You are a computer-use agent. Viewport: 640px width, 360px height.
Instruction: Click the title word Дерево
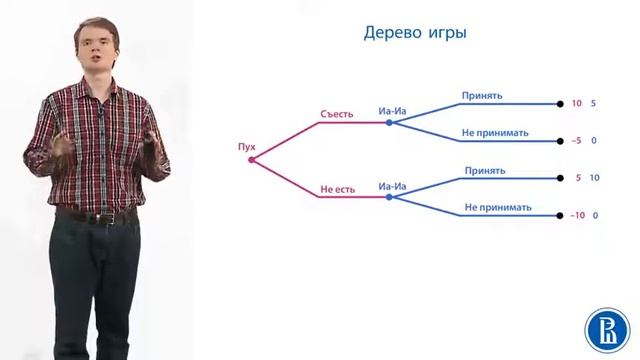(x=390, y=33)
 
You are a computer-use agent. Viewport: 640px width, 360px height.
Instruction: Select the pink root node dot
(x=251, y=160)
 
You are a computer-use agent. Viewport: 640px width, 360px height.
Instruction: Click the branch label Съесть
(x=336, y=113)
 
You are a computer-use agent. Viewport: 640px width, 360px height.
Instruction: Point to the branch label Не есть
(x=337, y=187)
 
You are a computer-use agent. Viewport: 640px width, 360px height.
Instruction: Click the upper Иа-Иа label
(x=392, y=112)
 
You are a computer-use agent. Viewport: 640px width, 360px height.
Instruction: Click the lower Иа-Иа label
(x=392, y=186)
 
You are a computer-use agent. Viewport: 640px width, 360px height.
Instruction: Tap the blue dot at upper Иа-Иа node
(x=389, y=123)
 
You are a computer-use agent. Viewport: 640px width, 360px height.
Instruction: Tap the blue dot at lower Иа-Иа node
(x=389, y=197)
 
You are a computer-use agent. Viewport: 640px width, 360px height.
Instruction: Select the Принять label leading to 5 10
(x=484, y=171)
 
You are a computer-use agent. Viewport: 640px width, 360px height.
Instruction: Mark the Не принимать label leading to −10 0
(x=497, y=208)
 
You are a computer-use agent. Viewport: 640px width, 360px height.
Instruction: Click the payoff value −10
(x=577, y=215)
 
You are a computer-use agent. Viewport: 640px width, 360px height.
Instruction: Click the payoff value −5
(x=577, y=140)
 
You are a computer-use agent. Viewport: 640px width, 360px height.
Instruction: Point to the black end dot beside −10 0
(x=559, y=215)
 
